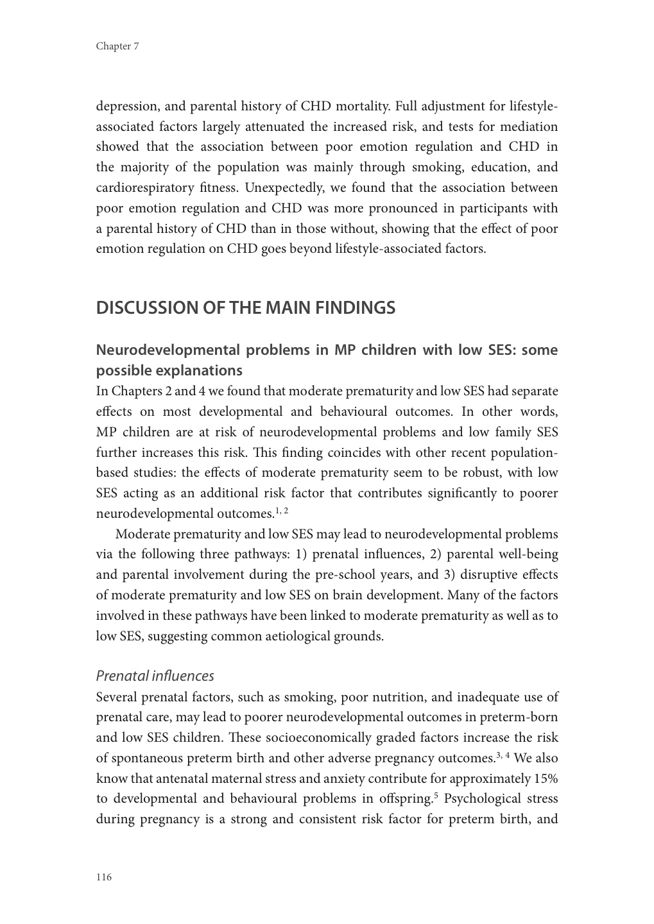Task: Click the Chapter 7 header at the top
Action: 117,46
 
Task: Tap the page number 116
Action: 104,877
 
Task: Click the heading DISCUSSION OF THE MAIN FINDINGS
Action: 245,308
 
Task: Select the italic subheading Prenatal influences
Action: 155,676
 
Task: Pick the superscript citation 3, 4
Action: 503,755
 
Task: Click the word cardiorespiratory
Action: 144,188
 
